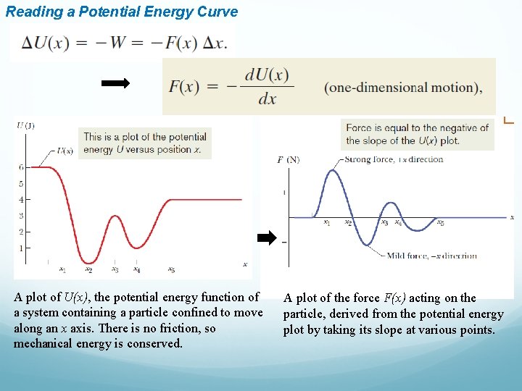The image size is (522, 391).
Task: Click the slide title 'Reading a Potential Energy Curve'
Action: [x=122, y=12]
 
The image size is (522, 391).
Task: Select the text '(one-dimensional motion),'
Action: [x=403, y=88]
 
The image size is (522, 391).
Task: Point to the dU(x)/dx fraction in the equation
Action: [x=267, y=87]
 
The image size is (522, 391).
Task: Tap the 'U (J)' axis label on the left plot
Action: [x=25, y=125]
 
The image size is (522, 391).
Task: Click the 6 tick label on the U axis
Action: [x=21, y=167]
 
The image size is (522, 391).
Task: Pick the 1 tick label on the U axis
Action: [x=21, y=248]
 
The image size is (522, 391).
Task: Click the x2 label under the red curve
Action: [x=88, y=270]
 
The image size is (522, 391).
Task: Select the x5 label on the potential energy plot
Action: [x=172, y=270]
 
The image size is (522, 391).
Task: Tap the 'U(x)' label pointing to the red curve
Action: [x=65, y=151]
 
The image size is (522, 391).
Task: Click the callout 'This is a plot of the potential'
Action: [x=145, y=136]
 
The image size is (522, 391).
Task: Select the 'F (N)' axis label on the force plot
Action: [x=288, y=159]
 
